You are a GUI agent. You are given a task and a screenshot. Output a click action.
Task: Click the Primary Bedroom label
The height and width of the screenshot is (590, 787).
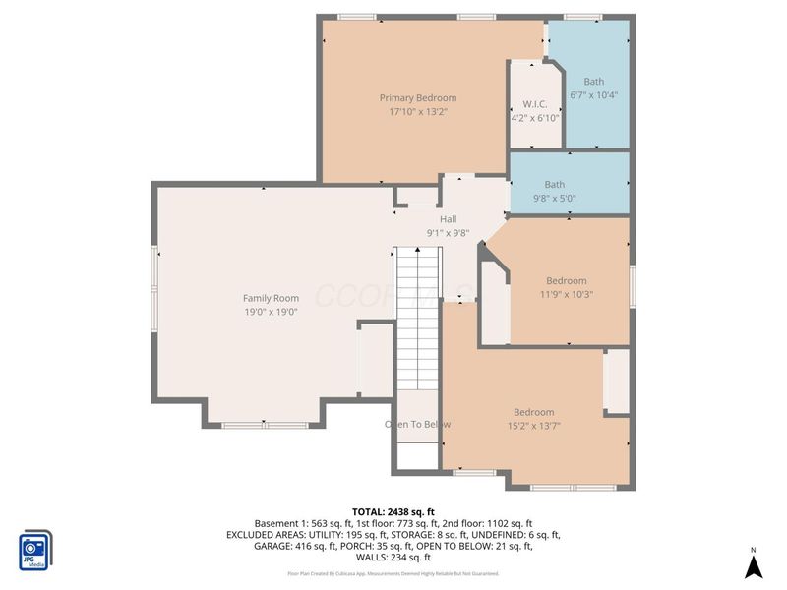(x=418, y=97)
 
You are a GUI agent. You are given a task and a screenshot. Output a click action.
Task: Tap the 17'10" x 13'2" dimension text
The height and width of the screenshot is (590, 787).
(x=418, y=111)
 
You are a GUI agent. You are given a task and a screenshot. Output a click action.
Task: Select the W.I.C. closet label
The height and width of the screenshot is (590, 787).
(x=535, y=104)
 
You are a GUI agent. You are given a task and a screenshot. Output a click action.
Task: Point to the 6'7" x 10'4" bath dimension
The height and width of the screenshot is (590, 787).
(x=593, y=95)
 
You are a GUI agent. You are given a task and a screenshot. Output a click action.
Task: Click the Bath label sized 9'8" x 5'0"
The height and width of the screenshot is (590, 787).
(x=555, y=184)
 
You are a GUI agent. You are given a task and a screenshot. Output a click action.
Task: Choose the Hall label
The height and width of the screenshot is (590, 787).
(x=448, y=219)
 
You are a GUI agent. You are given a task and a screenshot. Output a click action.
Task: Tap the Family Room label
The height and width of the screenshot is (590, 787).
(x=271, y=298)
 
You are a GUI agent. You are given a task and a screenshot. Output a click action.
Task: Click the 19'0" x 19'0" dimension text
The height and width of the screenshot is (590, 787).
(x=271, y=312)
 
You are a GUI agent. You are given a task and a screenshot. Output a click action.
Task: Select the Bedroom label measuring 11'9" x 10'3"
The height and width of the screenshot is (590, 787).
(x=567, y=280)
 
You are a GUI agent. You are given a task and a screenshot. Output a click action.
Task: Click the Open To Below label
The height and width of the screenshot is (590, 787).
(x=417, y=424)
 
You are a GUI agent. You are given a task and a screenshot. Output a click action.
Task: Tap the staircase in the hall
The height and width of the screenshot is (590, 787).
(x=416, y=315)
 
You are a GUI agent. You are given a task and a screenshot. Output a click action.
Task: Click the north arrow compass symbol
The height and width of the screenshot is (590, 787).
(x=753, y=565)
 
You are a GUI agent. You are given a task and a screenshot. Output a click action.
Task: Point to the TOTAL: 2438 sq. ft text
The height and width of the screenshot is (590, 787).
(x=393, y=511)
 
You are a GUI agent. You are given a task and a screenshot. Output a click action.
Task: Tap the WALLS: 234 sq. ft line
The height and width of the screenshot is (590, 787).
(x=393, y=559)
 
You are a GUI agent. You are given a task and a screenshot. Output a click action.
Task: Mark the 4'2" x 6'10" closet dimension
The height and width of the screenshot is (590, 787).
(x=535, y=118)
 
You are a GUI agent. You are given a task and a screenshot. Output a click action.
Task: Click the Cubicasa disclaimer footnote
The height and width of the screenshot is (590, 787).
(x=393, y=573)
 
